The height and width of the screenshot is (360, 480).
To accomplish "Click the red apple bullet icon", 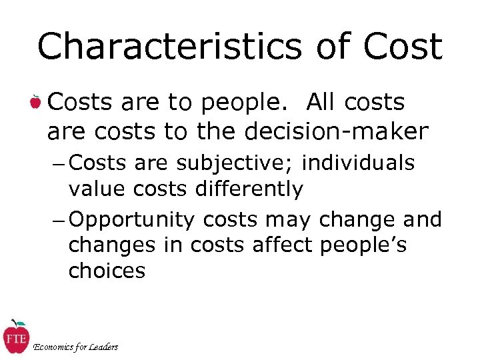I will (x=35, y=103).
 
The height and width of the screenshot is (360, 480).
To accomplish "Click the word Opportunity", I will (x=131, y=220).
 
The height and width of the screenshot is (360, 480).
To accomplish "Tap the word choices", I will (x=107, y=271).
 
